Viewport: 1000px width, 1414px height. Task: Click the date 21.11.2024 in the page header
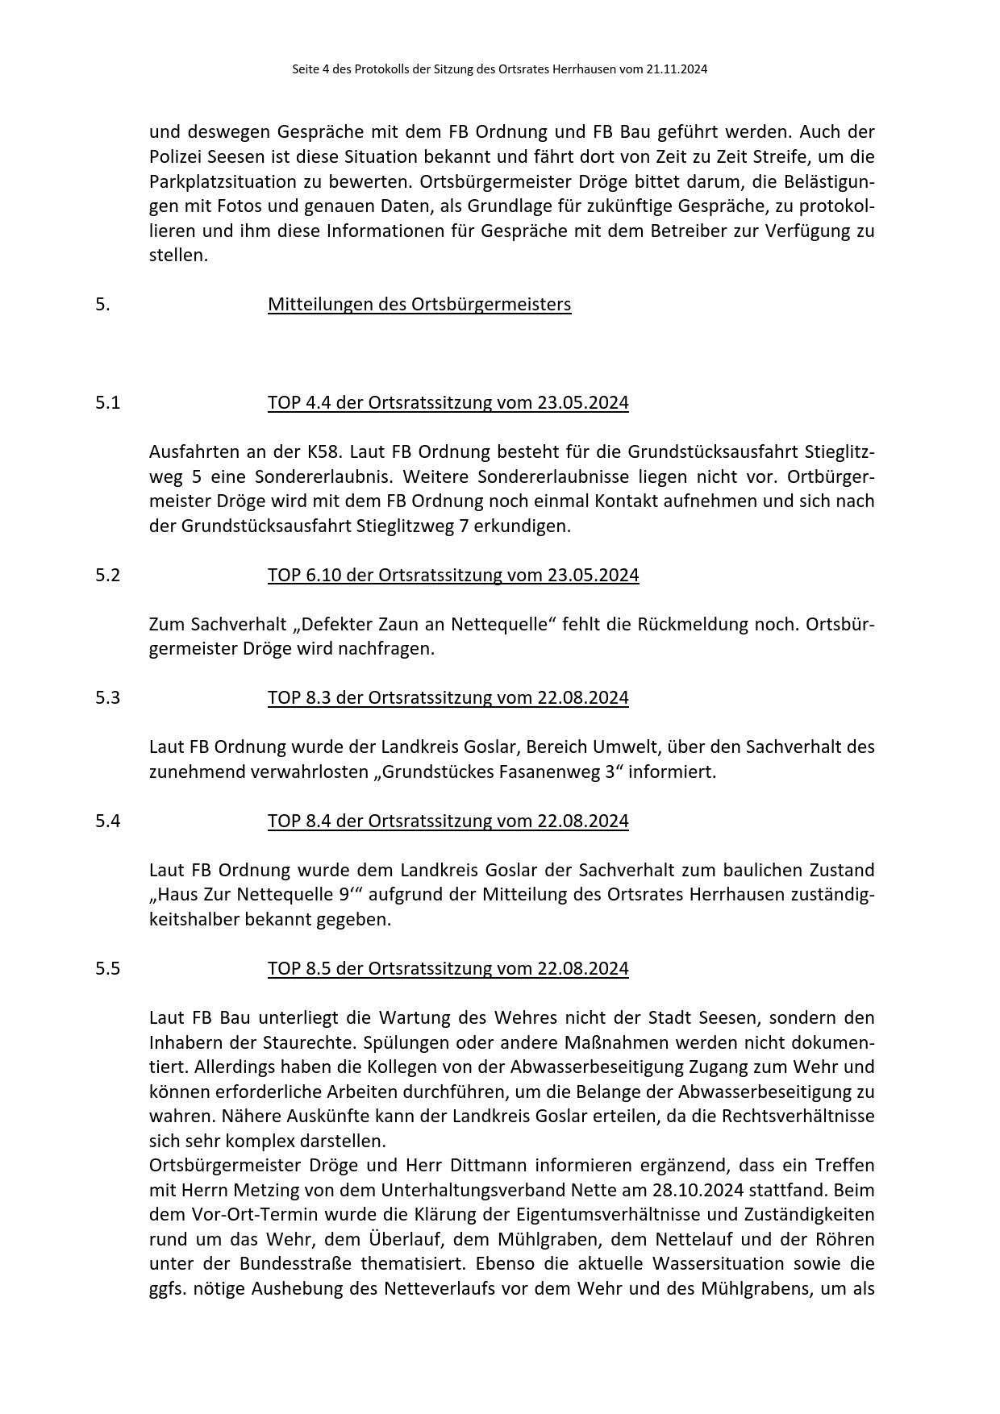tap(677, 69)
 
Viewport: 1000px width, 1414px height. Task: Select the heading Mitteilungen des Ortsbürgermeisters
tap(419, 305)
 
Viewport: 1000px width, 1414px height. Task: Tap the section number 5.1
tap(107, 403)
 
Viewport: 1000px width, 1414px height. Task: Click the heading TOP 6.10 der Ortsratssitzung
tap(453, 576)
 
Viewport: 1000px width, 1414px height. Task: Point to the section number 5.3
tap(107, 698)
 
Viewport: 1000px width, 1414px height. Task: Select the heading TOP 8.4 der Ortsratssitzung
tap(448, 821)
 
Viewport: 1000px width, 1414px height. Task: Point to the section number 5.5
tap(107, 969)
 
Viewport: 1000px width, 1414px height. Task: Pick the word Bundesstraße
tap(295, 1264)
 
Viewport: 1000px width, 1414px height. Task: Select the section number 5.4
tap(107, 821)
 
